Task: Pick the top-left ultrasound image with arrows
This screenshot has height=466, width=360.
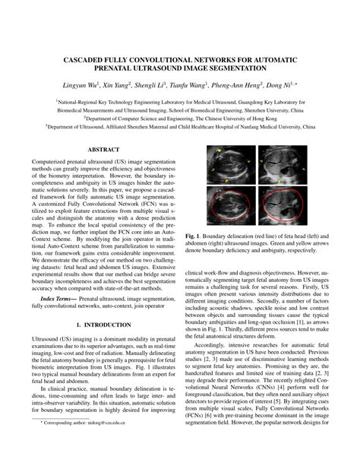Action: click(x=229, y=166)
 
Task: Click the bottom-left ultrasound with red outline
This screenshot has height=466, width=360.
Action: click(x=229, y=203)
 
